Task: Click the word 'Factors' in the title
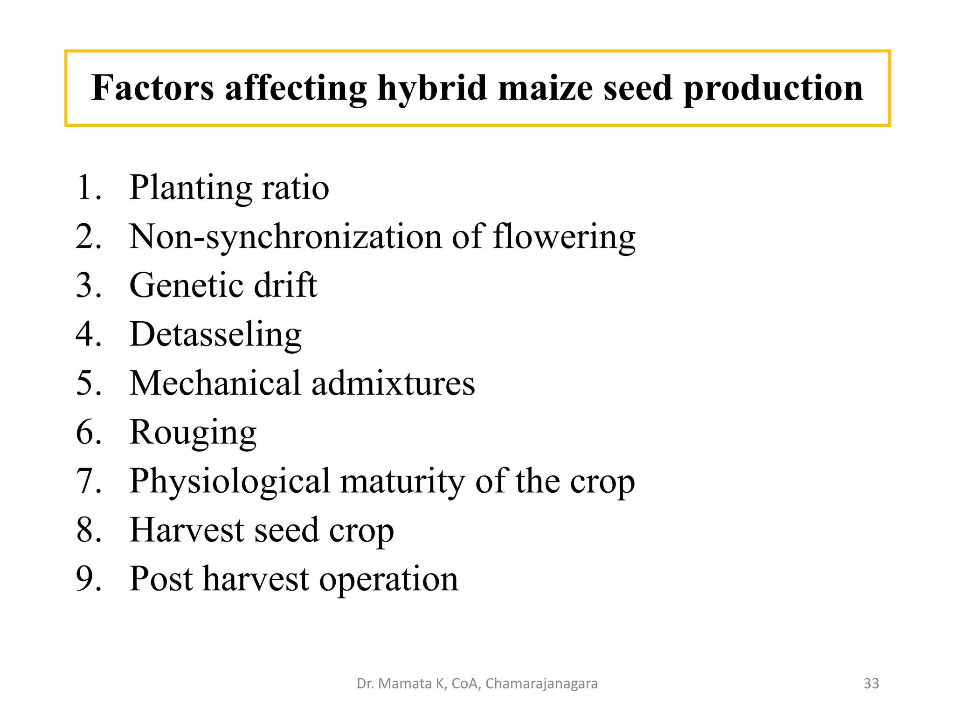[x=152, y=88]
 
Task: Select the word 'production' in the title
[x=773, y=89]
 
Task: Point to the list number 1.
[x=88, y=187]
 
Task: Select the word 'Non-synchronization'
[x=285, y=237]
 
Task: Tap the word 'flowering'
[x=564, y=237]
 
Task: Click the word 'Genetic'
[x=186, y=285]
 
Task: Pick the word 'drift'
[x=285, y=285]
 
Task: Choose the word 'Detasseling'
[x=215, y=335]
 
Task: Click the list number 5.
[x=88, y=383]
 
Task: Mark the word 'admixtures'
[x=393, y=383]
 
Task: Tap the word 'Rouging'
[x=193, y=433]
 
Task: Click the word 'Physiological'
[x=229, y=482]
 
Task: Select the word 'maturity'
[x=402, y=482]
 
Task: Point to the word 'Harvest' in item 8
[x=187, y=530]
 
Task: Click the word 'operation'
[x=389, y=579]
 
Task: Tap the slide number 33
[x=871, y=683]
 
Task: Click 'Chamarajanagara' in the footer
[x=541, y=684]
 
